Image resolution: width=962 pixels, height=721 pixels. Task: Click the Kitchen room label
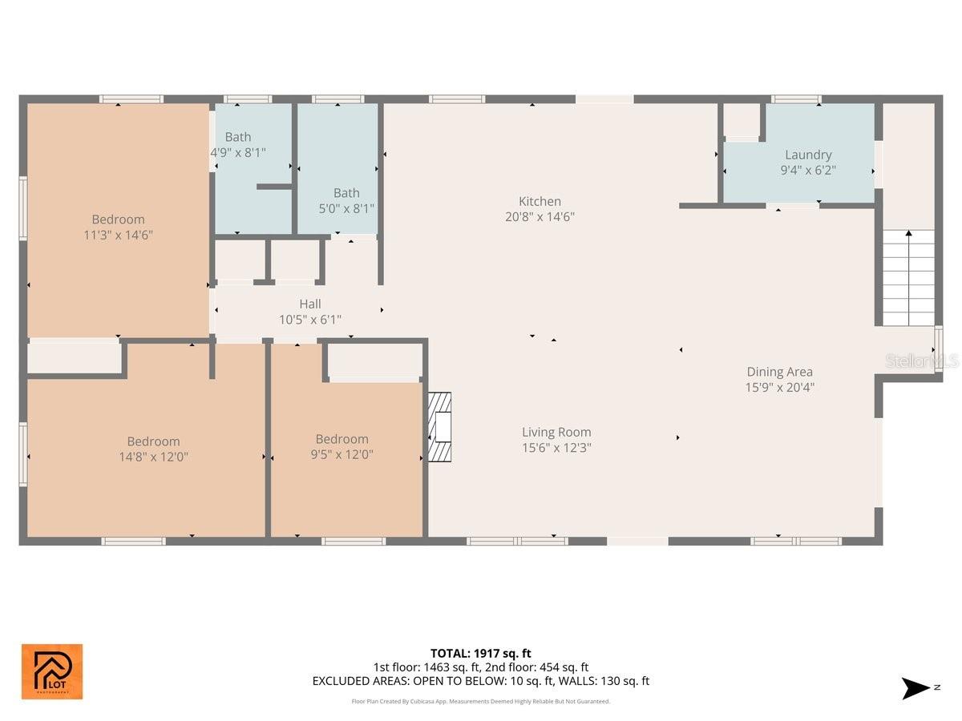coord(540,201)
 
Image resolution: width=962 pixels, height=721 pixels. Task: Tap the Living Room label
coord(556,432)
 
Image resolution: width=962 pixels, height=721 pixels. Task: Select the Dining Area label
coord(779,372)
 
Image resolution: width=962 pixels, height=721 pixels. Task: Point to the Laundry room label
coord(808,155)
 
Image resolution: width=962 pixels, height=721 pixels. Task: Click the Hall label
coord(310,304)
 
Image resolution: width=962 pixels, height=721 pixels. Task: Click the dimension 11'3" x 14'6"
coord(118,235)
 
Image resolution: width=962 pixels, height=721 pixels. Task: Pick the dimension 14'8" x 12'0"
coord(153,457)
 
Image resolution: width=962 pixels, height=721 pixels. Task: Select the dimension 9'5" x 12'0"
coord(342,454)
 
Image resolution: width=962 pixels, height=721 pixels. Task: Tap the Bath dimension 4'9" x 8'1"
coord(238,151)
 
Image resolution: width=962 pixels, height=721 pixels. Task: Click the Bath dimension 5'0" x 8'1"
coord(346,208)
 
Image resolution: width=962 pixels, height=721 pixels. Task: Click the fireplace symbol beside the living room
coord(439,427)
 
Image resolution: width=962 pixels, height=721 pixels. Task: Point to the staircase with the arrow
coord(908,276)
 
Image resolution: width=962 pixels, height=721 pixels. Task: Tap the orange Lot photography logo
coord(51,671)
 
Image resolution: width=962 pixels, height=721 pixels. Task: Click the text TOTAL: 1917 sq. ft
coord(480,653)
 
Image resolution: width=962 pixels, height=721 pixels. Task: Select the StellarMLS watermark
coord(921,361)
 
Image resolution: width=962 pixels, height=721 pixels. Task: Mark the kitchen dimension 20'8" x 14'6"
coord(540,216)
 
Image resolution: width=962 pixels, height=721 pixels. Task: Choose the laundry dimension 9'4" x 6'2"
coord(808,170)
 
